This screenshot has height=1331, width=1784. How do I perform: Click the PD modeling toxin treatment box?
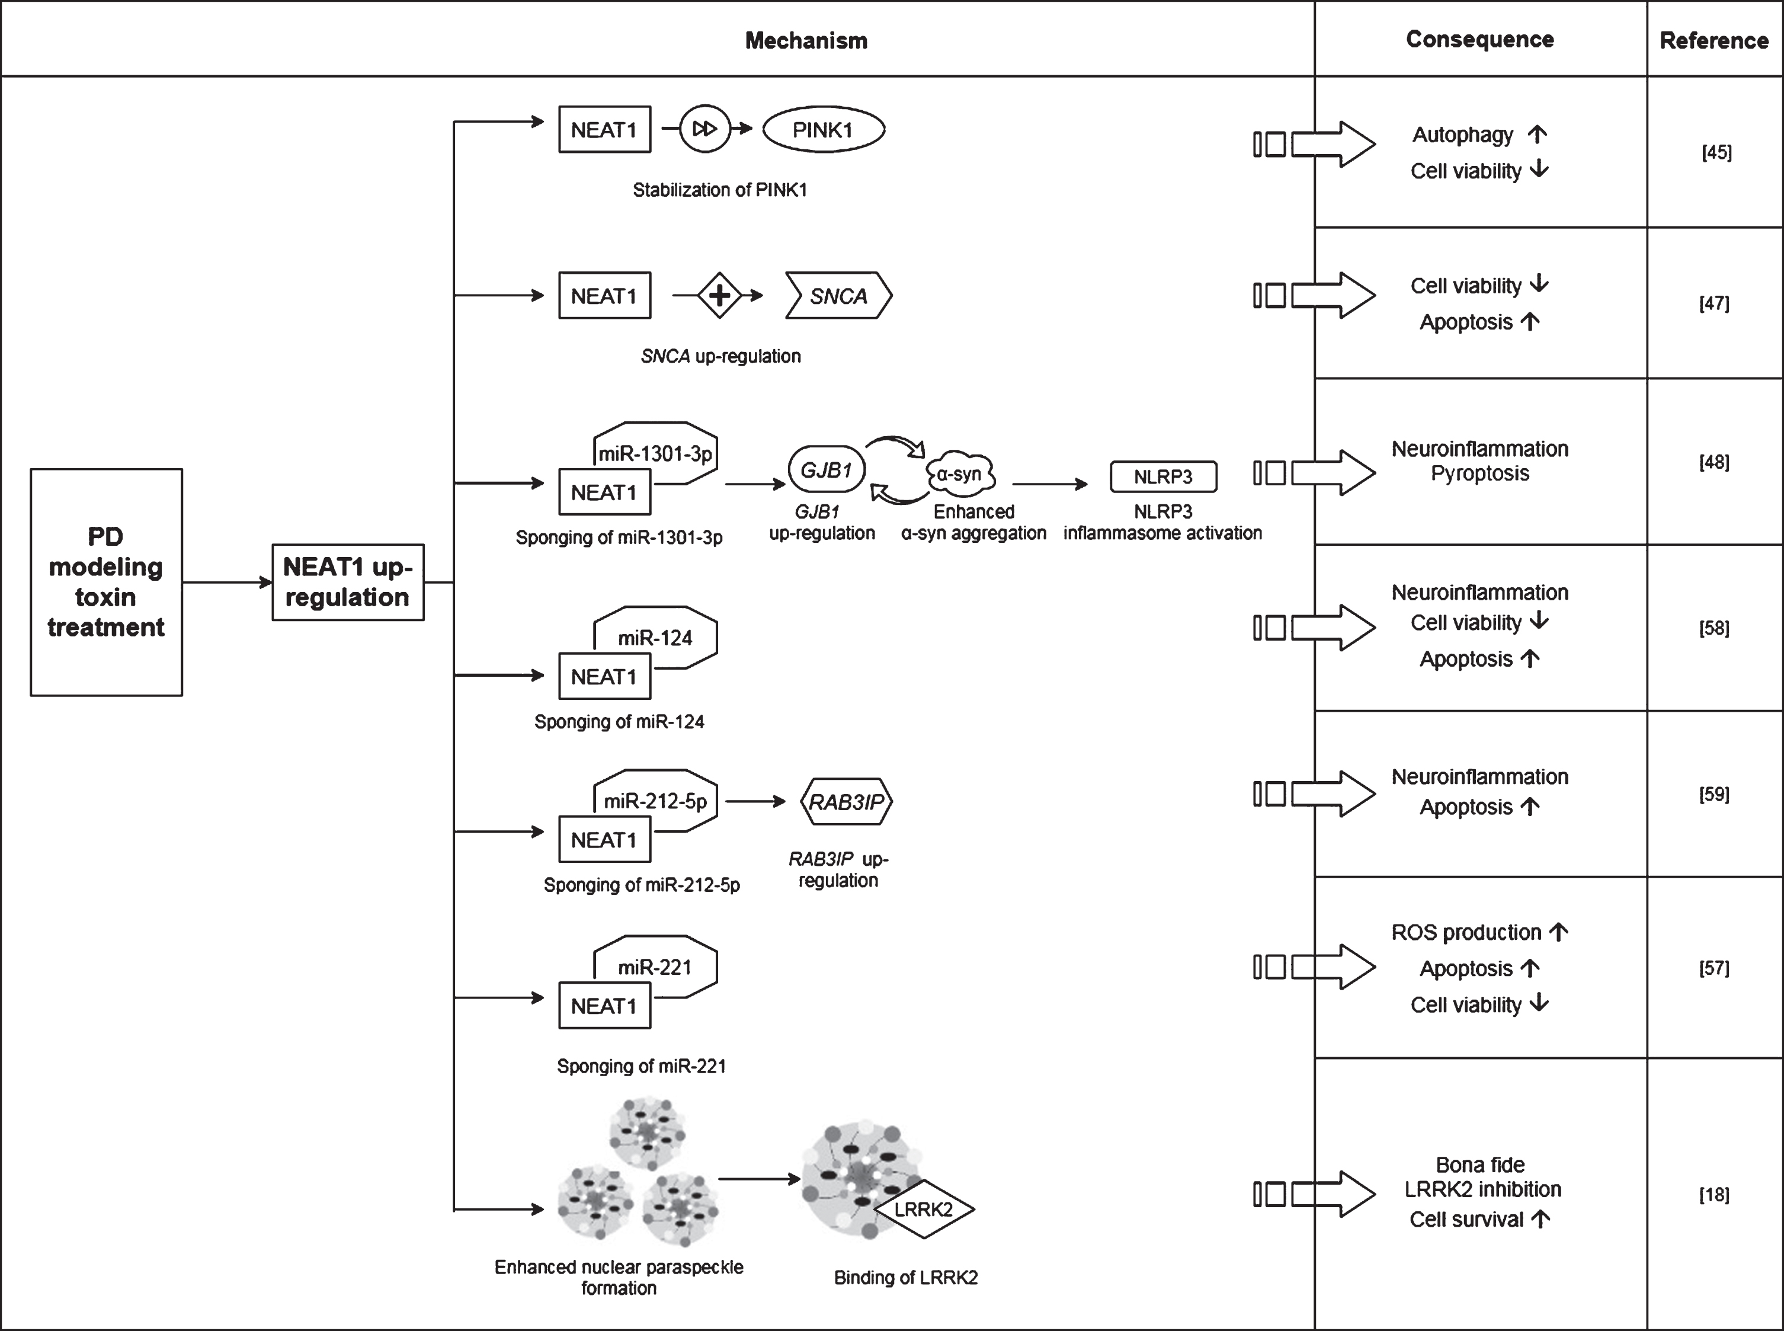coord(106,582)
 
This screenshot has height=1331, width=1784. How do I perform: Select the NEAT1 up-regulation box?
coord(348,582)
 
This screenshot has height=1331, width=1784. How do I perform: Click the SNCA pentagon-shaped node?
coord(838,296)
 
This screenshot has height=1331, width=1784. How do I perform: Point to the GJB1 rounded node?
coord(825,470)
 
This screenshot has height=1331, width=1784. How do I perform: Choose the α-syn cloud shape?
coord(960,473)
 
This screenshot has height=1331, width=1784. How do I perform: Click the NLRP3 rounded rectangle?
coord(1163,476)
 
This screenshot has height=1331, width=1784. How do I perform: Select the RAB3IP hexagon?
coord(847,802)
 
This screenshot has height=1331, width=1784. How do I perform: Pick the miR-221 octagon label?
coord(655,967)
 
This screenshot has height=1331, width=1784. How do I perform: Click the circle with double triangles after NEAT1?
coord(704,129)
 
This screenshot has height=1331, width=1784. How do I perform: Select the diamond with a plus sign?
coord(719,296)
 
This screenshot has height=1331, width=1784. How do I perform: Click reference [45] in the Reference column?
coord(1716,152)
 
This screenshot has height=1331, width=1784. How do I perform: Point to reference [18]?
coord(1715,1194)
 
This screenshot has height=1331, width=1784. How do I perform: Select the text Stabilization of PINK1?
coord(720,190)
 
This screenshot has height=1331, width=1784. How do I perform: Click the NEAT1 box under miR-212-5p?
coord(605,840)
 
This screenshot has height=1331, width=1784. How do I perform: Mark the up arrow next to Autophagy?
coord(1538,134)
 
